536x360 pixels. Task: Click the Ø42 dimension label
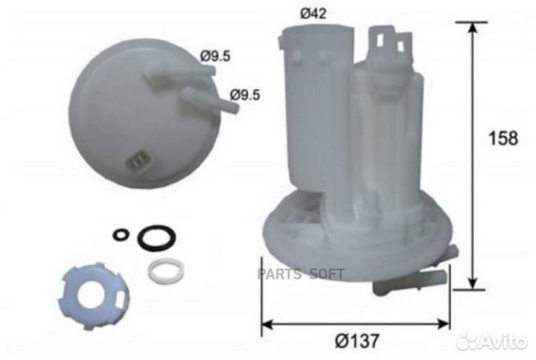[313, 14]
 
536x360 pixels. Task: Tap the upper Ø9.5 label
[215, 56]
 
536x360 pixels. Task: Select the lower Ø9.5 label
[245, 94]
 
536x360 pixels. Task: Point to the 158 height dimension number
[503, 138]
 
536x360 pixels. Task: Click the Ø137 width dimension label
[357, 340]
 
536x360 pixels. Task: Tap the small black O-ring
[121, 234]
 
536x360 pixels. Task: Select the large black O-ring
[157, 237]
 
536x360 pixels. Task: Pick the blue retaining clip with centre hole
[93, 295]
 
